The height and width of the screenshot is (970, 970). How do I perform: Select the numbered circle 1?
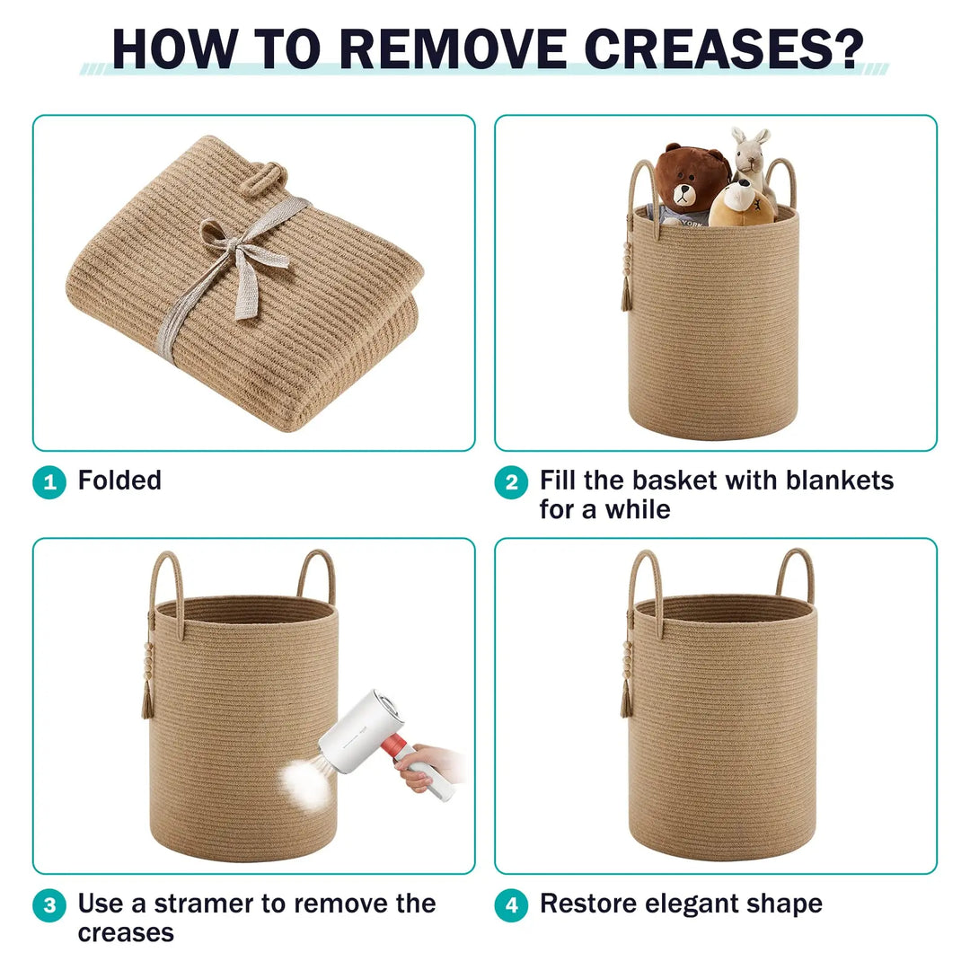[x=49, y=482]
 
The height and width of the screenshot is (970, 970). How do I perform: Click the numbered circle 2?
[x=512, y=482]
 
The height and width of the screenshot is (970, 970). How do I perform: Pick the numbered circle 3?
[x=49, y=905]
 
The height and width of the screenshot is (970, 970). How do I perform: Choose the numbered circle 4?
[x=512, y=905]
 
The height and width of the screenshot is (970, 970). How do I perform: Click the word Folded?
[x=119, y=481]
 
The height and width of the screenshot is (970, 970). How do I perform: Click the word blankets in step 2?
[x=840, y=481]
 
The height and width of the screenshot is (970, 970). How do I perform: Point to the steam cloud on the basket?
[x=305, y=783]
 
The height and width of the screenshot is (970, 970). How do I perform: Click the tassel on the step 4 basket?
[x=627, y=699]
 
